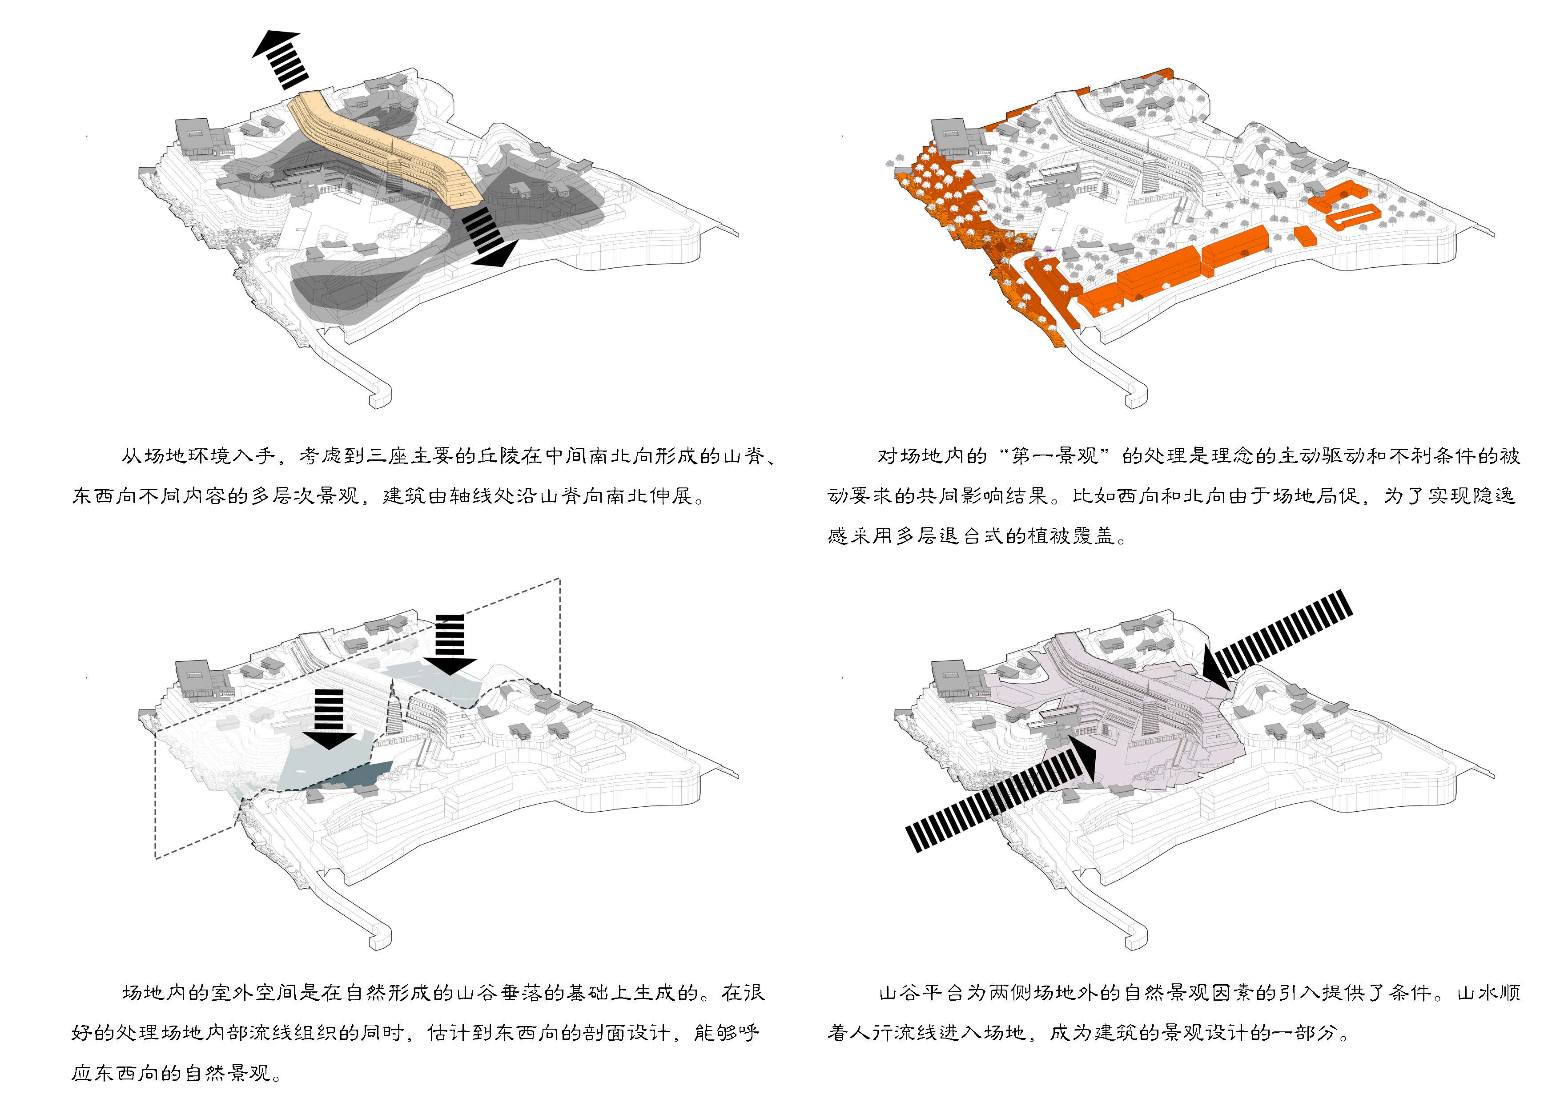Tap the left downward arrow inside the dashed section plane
330,719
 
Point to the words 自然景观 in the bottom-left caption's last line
228,1073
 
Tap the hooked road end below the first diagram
381,398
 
